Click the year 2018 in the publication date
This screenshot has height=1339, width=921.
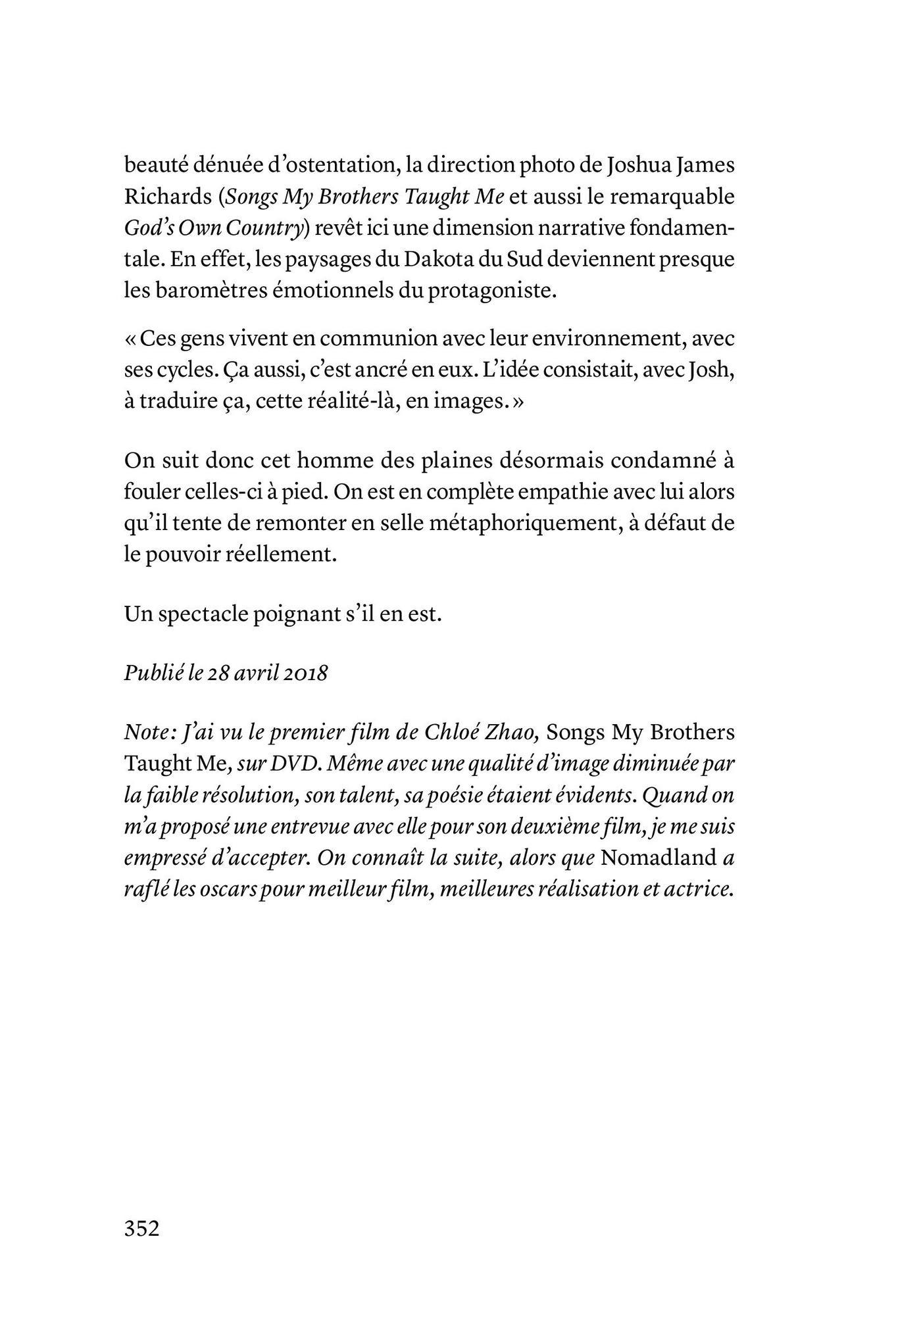click(304, 674)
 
